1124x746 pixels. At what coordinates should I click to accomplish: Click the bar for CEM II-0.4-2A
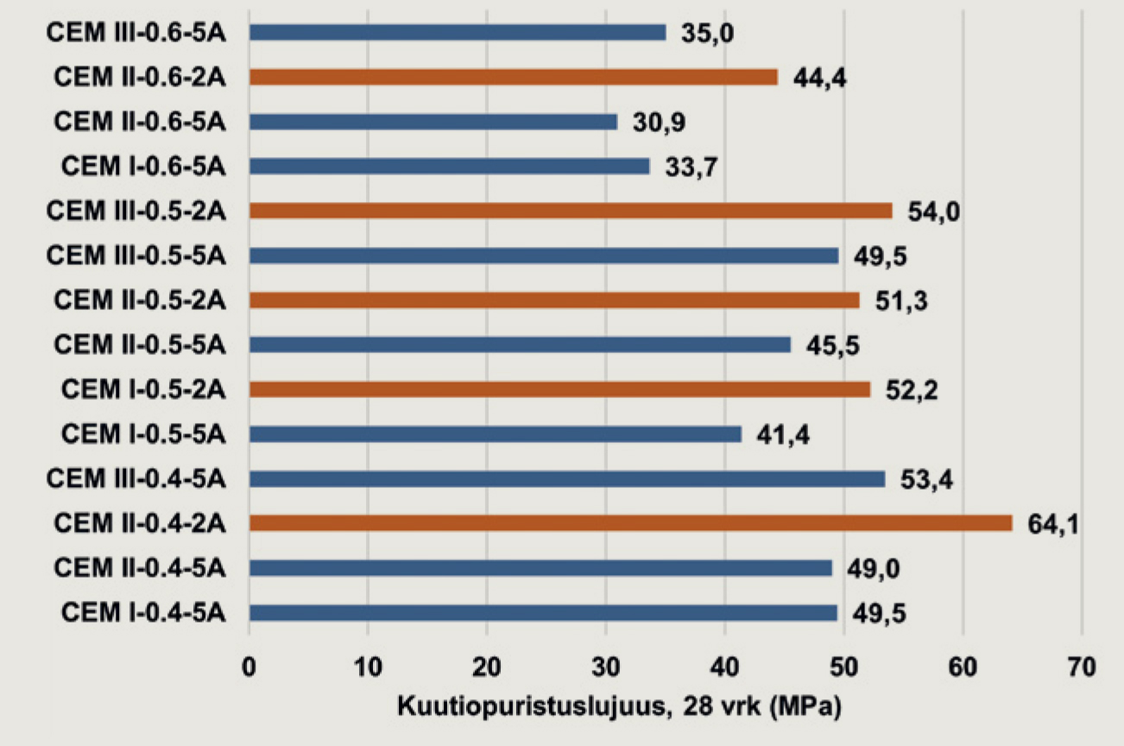pos(631,523)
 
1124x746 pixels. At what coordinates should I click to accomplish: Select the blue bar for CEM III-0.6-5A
pos(458,33)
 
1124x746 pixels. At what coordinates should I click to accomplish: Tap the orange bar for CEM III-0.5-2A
pos(571,211)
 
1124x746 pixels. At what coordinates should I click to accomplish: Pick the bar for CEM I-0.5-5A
pos(496,434)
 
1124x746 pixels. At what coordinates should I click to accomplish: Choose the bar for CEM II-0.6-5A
pos(433,122)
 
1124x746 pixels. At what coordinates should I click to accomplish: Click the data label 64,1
pos(1053,525)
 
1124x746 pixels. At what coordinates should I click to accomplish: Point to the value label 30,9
pos(659,123)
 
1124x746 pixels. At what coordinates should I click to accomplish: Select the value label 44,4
pos(819,79)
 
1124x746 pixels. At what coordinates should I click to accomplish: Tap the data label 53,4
pos(926,480)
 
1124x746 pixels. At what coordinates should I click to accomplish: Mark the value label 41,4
pos(783,435)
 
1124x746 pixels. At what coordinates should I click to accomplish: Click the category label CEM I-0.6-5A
pos(143,166)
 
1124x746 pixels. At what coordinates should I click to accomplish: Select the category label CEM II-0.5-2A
pos(140,300)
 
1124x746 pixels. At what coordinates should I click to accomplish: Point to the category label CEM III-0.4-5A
pos(136,479)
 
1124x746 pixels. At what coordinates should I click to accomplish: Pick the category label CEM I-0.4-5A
pos(143,613)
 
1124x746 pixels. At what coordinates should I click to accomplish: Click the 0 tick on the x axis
pos(249,667)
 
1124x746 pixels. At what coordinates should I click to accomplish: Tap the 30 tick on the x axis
pos(606,667)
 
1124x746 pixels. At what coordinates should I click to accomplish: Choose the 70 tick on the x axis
pos(1082,667)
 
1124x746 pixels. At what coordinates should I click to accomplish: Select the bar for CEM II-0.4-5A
pos(540,568)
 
